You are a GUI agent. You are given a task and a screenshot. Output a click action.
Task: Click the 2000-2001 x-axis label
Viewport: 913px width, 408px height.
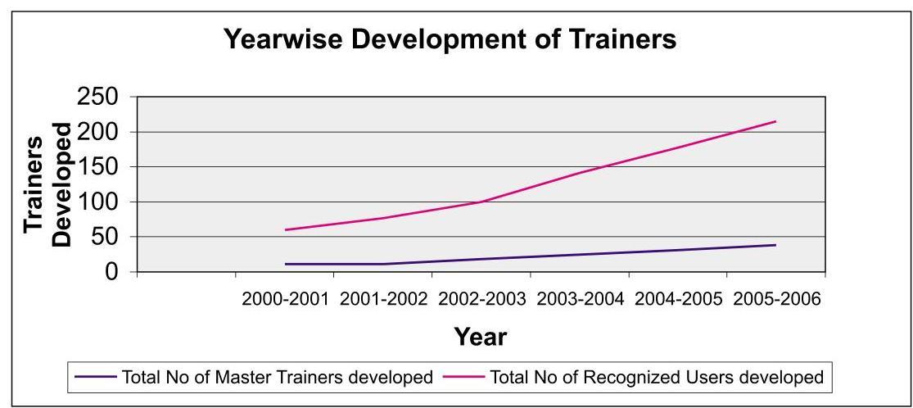point(286,300)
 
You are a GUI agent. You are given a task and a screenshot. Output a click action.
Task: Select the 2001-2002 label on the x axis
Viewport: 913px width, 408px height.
point(384,300)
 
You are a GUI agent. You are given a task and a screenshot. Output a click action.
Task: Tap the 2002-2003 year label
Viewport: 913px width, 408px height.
point(482,300)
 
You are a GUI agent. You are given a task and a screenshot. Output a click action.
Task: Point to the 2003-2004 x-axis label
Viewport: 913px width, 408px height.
point(580,300)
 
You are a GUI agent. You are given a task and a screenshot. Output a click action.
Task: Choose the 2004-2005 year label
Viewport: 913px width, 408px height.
point(678,300)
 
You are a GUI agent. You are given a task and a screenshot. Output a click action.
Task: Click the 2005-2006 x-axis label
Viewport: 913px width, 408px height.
point(776,300)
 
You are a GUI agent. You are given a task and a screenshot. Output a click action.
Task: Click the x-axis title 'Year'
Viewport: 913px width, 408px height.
point(481,337)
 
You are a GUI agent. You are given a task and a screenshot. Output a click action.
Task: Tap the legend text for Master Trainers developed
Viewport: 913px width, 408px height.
point(277,378)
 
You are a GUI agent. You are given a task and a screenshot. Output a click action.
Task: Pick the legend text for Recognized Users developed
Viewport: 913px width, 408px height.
point(656,378)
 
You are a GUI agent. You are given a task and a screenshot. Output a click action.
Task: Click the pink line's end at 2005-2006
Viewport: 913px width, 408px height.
point(775,121)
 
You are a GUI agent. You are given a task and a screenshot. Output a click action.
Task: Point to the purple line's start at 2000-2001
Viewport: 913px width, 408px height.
point(286,264)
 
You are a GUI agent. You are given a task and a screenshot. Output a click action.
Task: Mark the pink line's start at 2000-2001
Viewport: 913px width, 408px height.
point(286,229)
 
